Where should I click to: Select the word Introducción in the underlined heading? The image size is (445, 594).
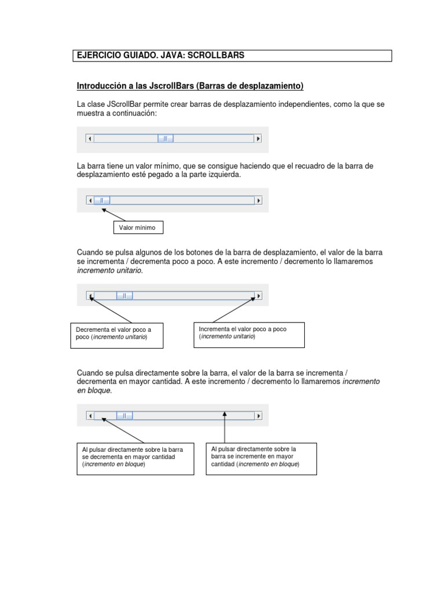(x=101, y=86)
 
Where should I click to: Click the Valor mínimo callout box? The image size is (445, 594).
(x=137, y=227)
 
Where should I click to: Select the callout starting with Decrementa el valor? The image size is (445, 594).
(x=116, y=335)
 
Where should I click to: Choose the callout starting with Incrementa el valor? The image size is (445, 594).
(x=248, y=335)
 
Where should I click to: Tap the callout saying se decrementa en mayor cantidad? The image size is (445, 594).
(x=135, y=459)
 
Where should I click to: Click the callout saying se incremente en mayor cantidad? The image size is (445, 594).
(x=261, y=458)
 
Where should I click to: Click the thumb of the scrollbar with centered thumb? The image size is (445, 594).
(x=165, y=139)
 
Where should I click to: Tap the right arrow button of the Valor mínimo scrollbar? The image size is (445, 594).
(x=258, y=200)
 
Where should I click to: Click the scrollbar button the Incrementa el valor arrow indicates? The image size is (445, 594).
(x=258, y=296)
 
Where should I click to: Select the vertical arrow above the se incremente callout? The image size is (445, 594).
(x=225, y=428)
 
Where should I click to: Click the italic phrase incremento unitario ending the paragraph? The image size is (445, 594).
(x=110, y=270)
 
